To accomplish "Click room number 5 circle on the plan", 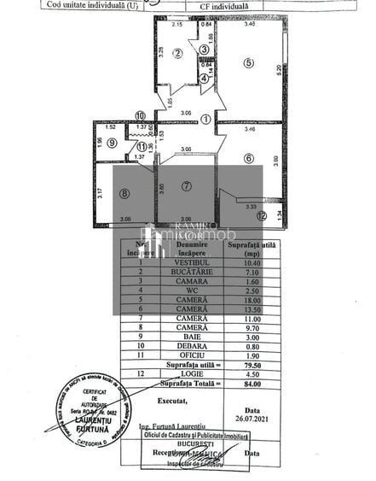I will (x=248, y=62).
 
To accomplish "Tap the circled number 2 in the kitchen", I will (x=177, y=54).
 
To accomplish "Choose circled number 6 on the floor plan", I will (x=248, y=157).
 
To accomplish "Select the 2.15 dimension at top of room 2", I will (x=177, y=25).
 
